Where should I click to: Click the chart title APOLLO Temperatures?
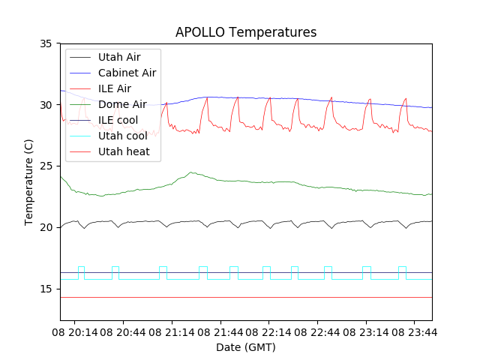coord(246,32)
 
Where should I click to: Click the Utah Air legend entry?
coord(118,57)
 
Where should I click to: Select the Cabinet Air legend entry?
coord(127,73)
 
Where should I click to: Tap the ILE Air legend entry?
coord(115,88)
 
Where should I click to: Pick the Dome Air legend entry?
coord(122,104)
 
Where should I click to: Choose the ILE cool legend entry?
coord(118,120)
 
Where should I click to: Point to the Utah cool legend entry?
coord(121,136)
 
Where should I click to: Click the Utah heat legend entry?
coord(123,151)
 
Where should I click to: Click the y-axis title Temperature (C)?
coord(29,182)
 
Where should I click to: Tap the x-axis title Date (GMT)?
coord(246,347)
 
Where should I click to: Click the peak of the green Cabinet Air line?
coord(192,172)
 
